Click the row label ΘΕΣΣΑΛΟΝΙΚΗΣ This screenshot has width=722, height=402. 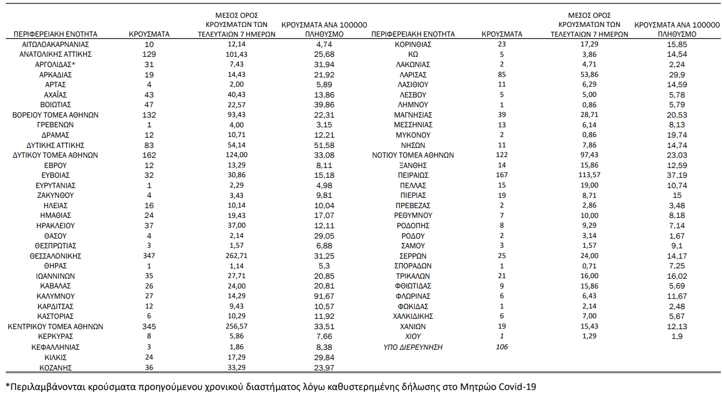pos(56,256)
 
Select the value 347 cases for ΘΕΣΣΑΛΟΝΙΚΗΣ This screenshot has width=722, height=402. pos(149,256)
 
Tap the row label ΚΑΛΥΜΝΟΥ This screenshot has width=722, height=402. pos(56,296)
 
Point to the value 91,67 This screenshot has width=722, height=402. pos(324,296)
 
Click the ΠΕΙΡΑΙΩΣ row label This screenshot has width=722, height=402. pos(413,175)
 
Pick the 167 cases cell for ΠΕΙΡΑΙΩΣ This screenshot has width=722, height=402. pos(502,175)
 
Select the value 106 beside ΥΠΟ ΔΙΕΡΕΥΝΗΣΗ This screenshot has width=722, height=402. pos(502,347)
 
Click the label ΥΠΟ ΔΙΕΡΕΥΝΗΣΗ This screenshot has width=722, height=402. pos(413,347)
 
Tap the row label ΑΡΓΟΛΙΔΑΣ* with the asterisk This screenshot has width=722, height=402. pos(56,65)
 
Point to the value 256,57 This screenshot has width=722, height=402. pos(237,326)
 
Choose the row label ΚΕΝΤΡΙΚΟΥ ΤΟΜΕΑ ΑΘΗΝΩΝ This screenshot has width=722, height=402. pos(56,326)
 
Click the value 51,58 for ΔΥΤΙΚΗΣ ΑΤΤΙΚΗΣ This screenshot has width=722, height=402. pos(324,145)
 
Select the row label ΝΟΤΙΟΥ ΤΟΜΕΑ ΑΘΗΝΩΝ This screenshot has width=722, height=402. pos(413,155)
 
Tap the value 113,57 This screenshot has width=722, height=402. pos(589,175)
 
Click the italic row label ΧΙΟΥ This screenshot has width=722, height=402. pos(413,336)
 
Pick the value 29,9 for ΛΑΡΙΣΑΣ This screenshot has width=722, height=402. pos(677,75)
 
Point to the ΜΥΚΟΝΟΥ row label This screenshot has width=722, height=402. pos(413,135)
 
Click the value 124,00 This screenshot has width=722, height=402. pos(237,155)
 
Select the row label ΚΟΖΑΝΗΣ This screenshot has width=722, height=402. pos(56,368)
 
